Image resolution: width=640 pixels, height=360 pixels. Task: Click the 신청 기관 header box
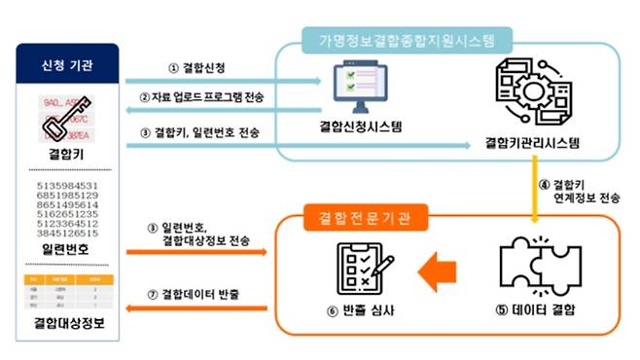point(66,66)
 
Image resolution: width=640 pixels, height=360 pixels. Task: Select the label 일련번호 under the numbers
point(66,251)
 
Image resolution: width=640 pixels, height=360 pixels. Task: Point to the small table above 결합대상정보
point(66,289)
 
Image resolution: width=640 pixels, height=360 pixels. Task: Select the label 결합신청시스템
point(361,127)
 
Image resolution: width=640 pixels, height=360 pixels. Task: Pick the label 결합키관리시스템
point(531,143)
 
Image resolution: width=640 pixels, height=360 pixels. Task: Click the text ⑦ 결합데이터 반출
point(199,294)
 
